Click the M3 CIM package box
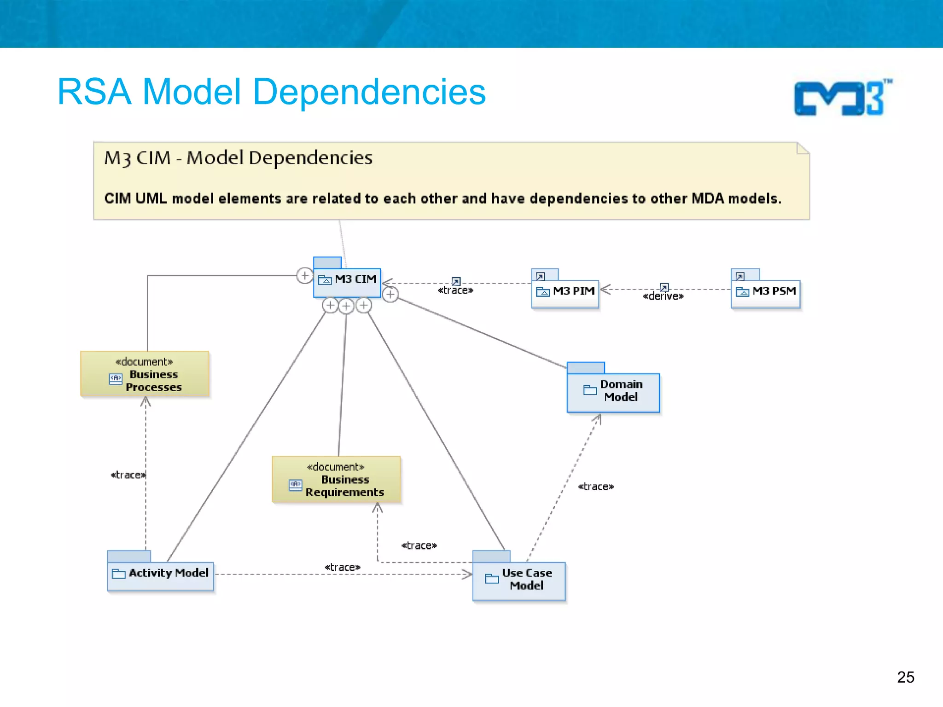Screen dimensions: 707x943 point(347,282)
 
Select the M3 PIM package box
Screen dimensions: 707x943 point(565,293)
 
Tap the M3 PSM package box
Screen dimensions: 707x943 point(765,293)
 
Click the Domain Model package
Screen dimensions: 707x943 point(613,392)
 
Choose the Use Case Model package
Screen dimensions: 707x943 point(519,580)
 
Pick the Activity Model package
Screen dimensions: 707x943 point(160,575)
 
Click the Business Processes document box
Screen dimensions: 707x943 point(145,374)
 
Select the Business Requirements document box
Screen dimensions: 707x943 point(336,480)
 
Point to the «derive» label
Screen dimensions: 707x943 point(663,296)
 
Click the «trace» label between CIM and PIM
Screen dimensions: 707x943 point(455,290)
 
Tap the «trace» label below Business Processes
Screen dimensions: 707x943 point(128,475)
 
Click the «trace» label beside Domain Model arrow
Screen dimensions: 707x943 point(596,487)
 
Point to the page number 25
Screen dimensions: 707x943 point(905,677)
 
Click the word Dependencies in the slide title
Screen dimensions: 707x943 point(369,92)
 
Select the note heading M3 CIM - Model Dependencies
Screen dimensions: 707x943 point(238,158)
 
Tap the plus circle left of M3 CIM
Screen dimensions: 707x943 point(304,276)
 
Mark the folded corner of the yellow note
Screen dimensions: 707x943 point(803,148)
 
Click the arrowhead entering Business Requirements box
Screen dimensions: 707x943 point(378,508)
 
